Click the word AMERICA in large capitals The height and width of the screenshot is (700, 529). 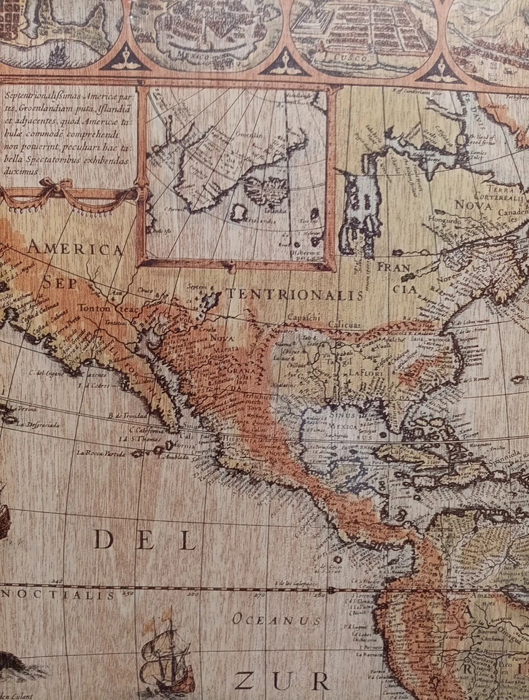coord(75,249)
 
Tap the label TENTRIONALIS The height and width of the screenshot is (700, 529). coord(295,295)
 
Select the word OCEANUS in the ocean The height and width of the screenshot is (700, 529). coord(277,620)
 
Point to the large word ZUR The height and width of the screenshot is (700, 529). coord(282,681)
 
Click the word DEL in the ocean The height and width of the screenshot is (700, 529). coord(145,540)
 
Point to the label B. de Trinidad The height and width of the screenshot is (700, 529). coord(128,416)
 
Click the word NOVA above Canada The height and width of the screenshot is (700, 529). coord(474,205)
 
